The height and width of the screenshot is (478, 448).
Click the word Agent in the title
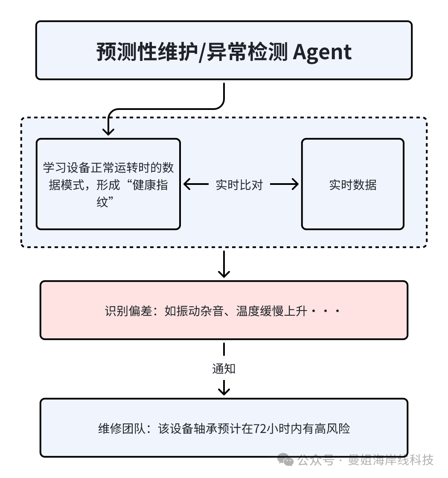pyautogui.click(x=322, y=52)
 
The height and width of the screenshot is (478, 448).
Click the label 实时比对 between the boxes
pyautogui.click(x=239, y=185)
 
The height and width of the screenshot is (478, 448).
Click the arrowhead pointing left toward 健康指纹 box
pyautogui.click(x=188, y=185)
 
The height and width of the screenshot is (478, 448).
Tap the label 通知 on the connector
pyautogui.click(x=224, y=369)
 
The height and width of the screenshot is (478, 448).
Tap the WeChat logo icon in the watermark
pyautogui.click(x=285, y=460)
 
